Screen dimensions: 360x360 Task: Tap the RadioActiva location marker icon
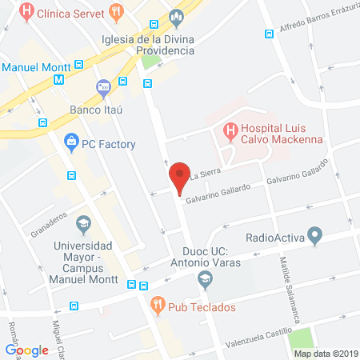pos(315,237)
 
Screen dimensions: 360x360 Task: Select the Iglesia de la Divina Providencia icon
pos(177,17)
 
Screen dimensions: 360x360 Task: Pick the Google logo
pos(27,350)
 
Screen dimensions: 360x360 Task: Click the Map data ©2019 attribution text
pos(326,353)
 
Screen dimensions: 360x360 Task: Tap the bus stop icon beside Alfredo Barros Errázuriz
pos(268,34)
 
